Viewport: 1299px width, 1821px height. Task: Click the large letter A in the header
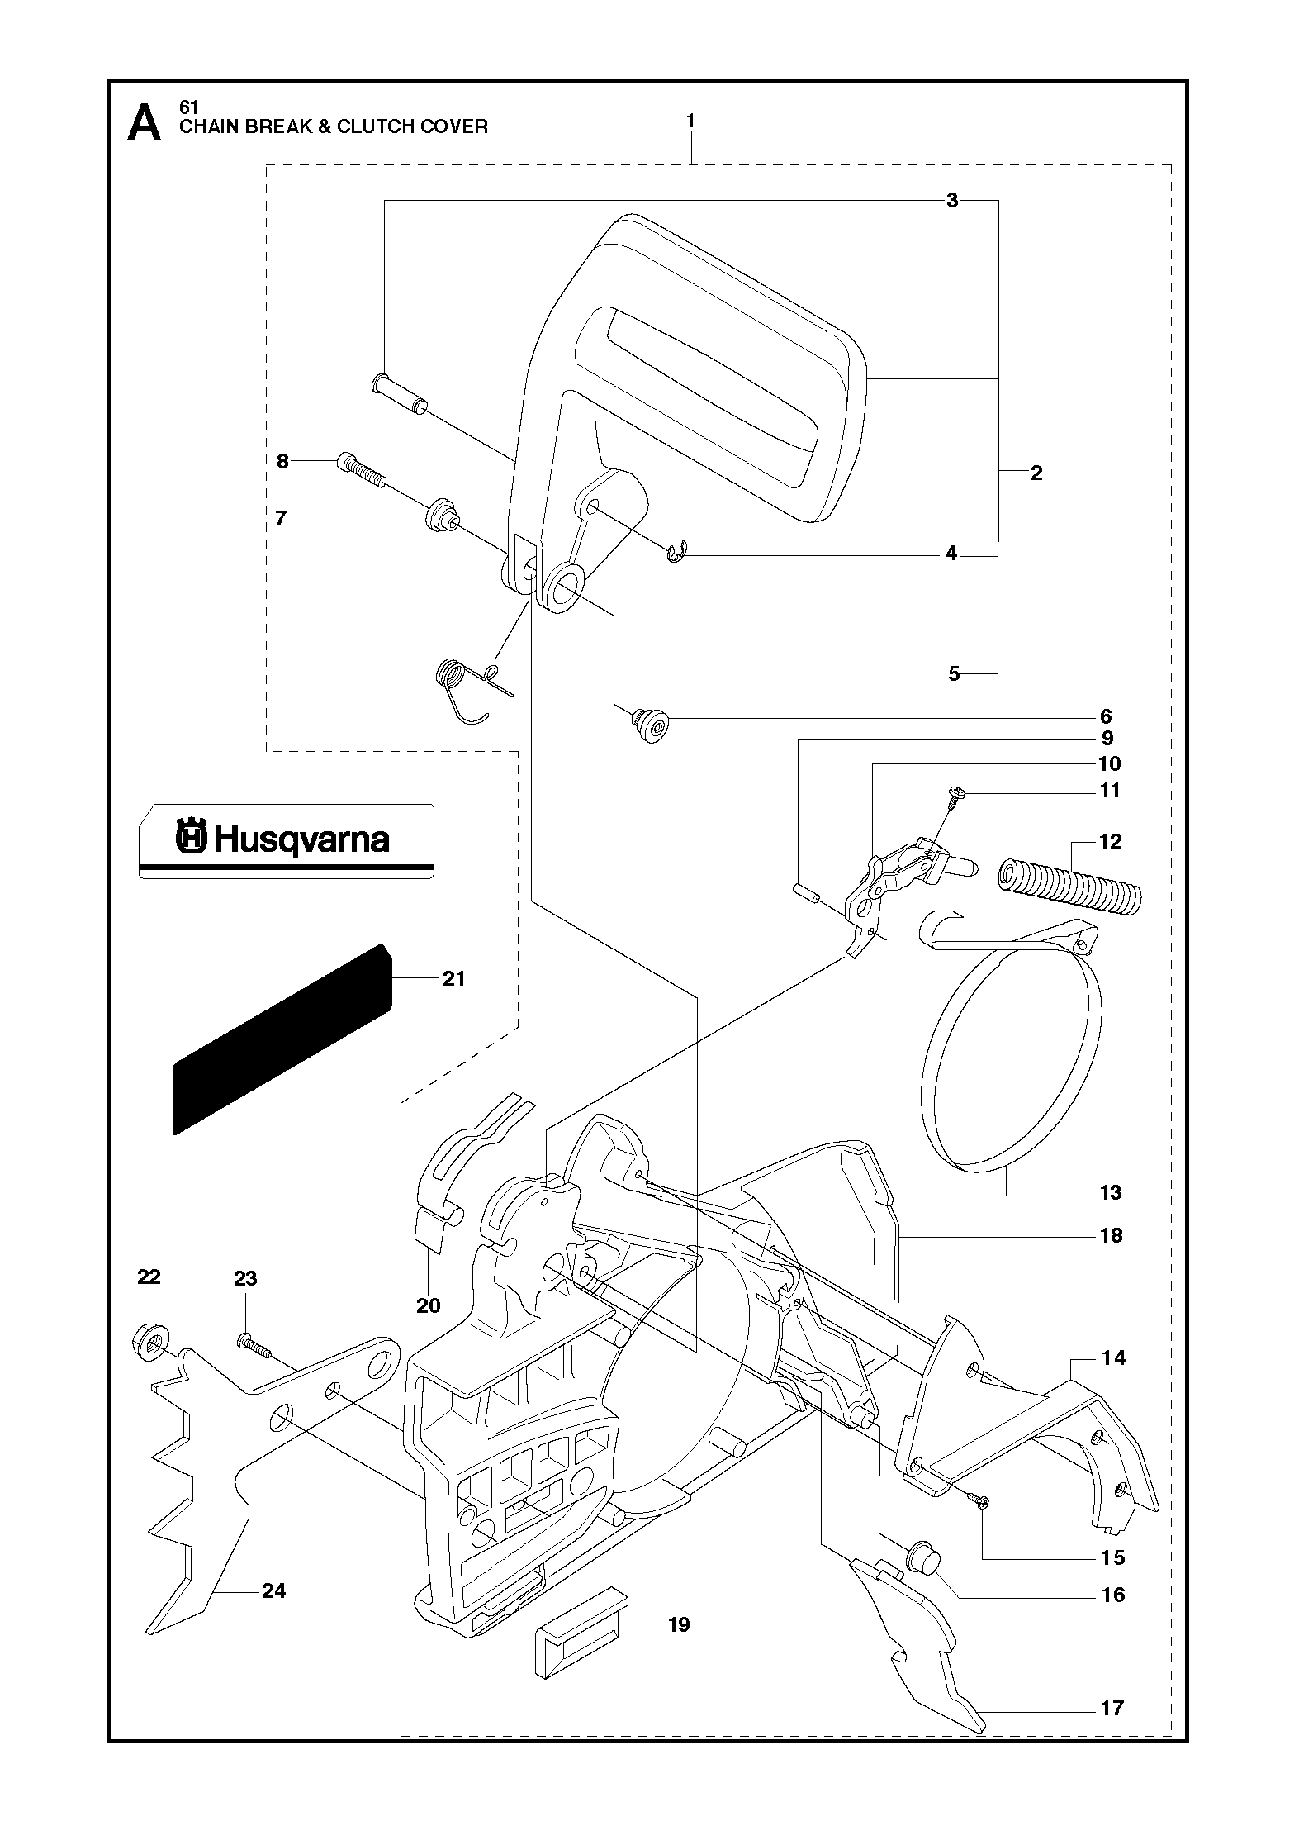pos(145,123)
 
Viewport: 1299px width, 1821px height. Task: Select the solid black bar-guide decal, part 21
pos(282,1039)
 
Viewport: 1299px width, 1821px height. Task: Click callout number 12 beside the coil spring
pos(1111,841)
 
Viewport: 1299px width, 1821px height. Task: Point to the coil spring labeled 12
pos(1069,887)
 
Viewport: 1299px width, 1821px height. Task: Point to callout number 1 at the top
pos(690,121)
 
